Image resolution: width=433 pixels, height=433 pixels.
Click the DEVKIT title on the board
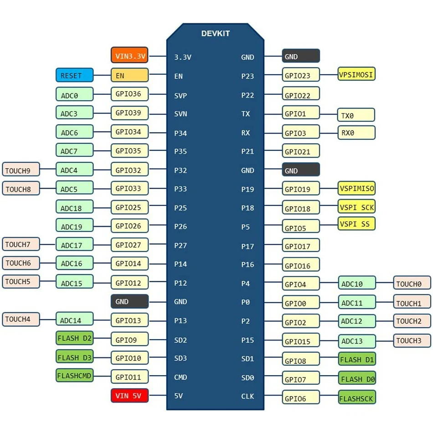click(x=216, y=34)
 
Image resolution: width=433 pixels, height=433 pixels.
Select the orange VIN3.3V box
click(x=129, y=56)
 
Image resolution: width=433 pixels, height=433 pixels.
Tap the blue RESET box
click(x=74, y=75)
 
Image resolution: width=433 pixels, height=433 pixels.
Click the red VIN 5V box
click(x=129, y=395)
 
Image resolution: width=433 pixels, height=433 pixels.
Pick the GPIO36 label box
click(x=129, y=94)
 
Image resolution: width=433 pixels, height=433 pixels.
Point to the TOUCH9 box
click(x=21, y=170)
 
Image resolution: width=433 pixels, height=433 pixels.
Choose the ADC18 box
click(x=74, y=208)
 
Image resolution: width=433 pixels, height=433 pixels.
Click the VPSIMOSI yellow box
click(x=356, y=74)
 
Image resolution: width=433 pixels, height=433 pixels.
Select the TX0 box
click(x=356, y=115)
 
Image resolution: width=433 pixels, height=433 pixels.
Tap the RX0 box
click(x=356, y=133)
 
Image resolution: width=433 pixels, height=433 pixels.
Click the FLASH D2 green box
click(x=74, y=339)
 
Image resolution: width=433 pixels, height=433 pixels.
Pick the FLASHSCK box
click(x=356, y=398)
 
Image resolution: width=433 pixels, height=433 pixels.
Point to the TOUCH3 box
click(x=412, y=340)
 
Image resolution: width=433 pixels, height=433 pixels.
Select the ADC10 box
click(x=357, y=284)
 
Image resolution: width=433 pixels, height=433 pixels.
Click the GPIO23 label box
click(x=301, y=75)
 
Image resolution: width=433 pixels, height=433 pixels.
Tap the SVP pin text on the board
click(x=180, y=96)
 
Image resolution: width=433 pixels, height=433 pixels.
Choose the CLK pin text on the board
click(x=247, y=396)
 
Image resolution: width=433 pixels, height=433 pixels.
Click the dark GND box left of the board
click(x=129, y=301)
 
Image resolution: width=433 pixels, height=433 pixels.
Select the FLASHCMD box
click(x=74, y=376)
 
